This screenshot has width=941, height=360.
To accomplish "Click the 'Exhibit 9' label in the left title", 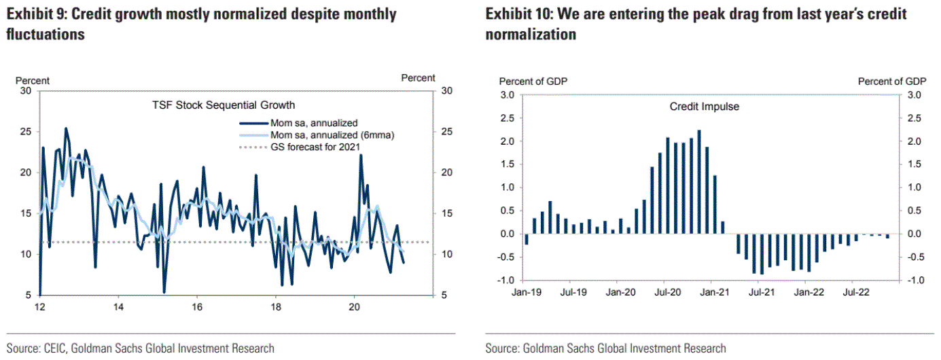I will pyautogui.click(x=35, y=14).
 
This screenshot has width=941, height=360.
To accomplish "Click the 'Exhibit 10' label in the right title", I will pyautogui.click(x=517, y=14).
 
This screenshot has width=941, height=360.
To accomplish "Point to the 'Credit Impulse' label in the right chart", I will pyautogui.click(x=704, y=107).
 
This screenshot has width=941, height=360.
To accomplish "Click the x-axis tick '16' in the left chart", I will pyautogui.click(x=197, y=306).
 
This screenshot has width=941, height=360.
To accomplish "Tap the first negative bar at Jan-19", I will pyautogui.click(x=527, y=239).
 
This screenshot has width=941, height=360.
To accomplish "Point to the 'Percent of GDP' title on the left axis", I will pyautogui.click(x=533, y=82).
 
